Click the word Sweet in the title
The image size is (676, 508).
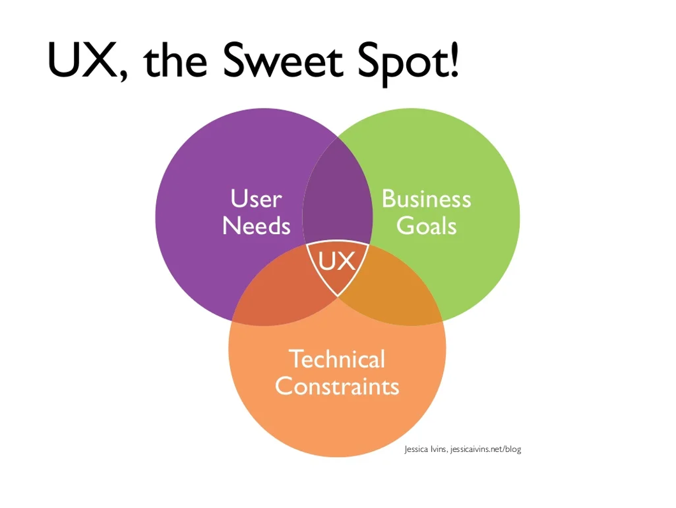point(283,61)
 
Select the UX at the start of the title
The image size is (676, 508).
point(82,60)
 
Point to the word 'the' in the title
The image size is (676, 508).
point(175,61)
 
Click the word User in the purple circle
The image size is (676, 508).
point(256,199)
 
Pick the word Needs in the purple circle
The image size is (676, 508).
point(256,226)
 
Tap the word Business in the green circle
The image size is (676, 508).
point(426,199)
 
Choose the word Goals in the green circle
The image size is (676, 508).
point(426,226)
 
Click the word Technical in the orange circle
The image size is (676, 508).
point(337,359)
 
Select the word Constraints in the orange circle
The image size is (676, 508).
point(337,386)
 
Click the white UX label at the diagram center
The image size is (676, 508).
point(337,261)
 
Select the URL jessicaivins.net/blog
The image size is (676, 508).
point(485,449)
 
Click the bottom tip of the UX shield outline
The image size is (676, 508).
point(337,297)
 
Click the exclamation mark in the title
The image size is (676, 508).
point(454,61)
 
